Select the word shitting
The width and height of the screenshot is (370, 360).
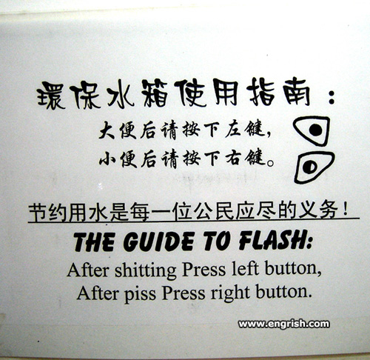146,271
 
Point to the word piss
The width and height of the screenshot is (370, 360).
140,294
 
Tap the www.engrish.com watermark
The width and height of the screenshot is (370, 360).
283,324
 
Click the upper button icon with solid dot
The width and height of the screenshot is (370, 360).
312,130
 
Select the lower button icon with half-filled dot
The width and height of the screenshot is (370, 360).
314,167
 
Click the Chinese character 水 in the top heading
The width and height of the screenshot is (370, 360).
121,95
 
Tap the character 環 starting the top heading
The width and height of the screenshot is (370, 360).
51,96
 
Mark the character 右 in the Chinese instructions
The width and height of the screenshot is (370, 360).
233,158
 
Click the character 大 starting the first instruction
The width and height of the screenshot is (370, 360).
107,130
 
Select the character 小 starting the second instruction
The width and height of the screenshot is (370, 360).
107,159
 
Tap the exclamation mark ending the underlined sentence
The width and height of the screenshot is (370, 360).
346,209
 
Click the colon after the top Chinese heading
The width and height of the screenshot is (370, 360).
332,97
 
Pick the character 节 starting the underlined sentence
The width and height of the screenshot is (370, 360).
38,213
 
